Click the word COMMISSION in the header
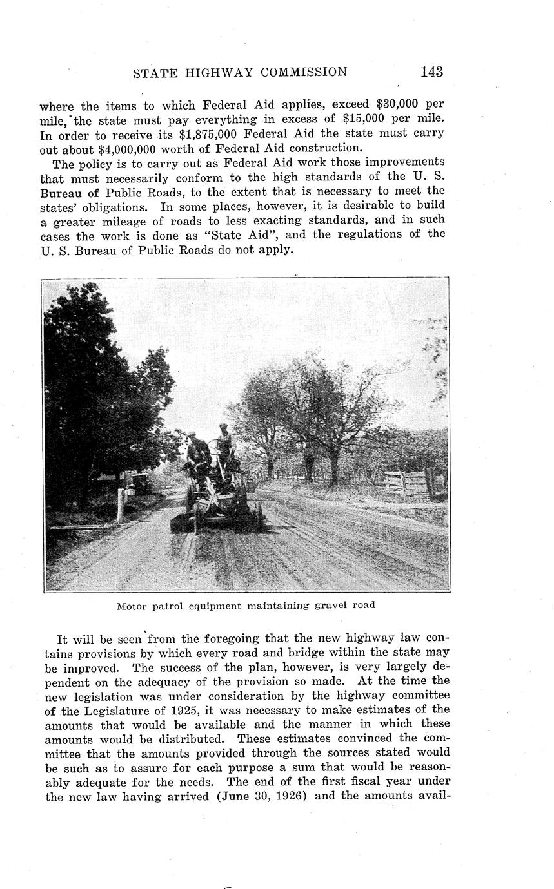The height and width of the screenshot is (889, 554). [x=304, y=72]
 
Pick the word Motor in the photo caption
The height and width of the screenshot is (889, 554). [x=131, y=606]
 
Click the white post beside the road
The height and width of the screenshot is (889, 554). [x=121, y=504]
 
